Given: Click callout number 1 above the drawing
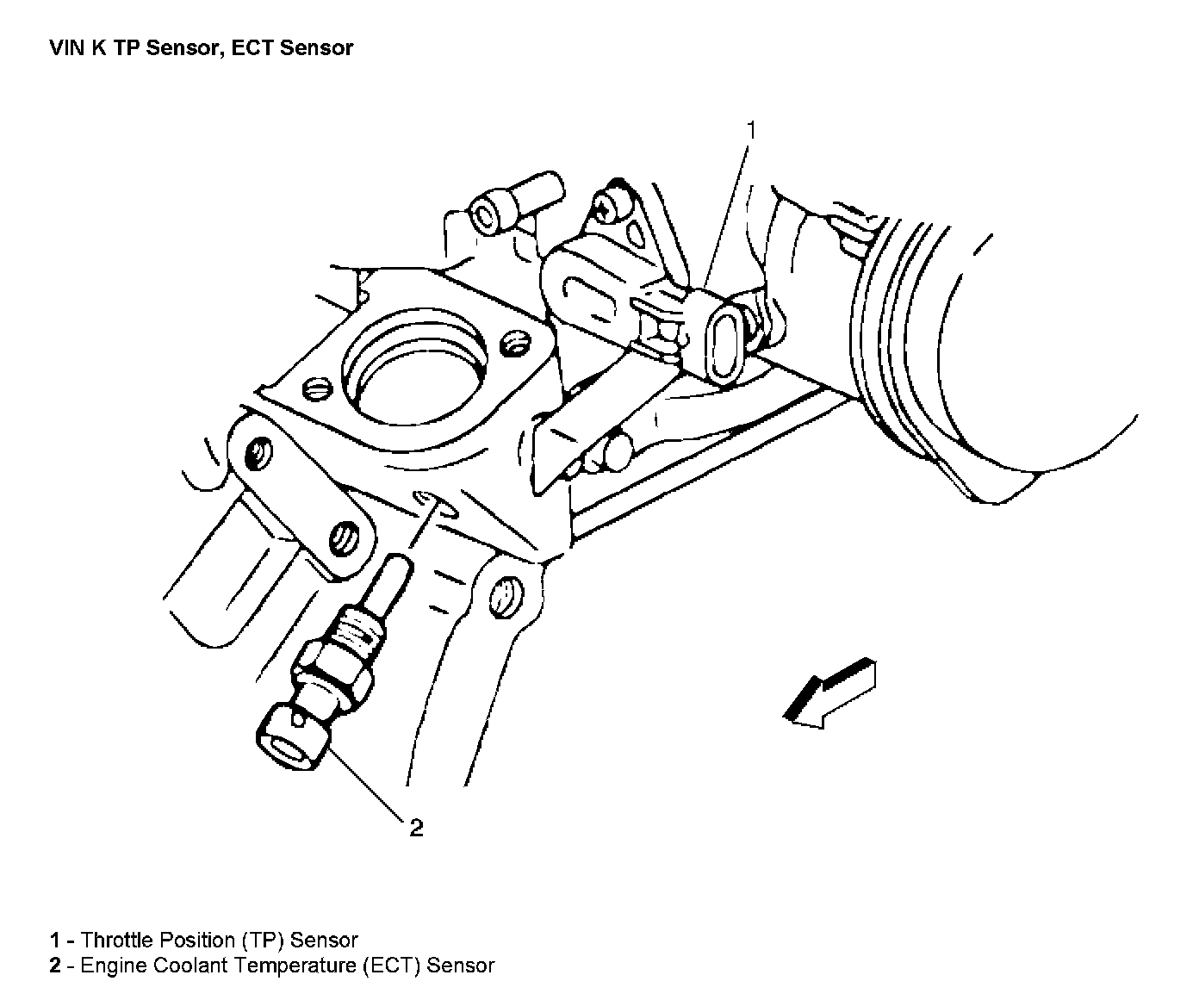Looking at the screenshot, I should tap(750, 131).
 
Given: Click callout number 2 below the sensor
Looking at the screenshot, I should tap(416, 829).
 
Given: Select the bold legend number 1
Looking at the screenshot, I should tap(55, 941).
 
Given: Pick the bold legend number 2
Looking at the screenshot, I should tap(55, 966).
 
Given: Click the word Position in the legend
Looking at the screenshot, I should tap(191, 941).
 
